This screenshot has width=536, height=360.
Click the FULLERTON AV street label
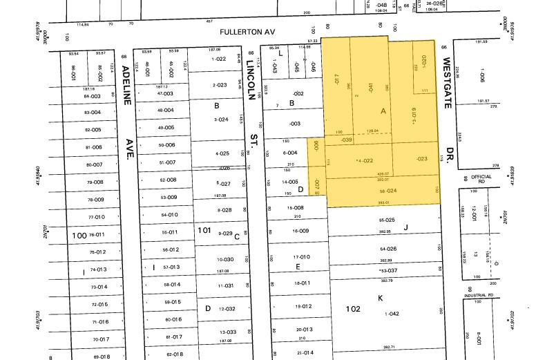[247, 32]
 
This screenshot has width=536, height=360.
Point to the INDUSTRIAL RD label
[479, 295]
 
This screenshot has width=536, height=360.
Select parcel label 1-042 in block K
[392, 314]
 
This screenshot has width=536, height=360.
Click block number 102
[354, 309]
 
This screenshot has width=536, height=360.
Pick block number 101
[204, 229]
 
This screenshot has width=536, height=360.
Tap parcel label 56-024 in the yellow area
[389, 191]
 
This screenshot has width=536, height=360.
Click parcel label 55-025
[388, 220]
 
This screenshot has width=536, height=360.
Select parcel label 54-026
[388, 249]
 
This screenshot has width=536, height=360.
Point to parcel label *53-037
[388, 270]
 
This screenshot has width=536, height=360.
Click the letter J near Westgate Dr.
[406, 227]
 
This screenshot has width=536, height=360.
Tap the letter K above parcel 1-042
[380, 298]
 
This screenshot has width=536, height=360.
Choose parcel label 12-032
[227, 309]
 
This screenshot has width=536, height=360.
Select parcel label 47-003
[165, 93]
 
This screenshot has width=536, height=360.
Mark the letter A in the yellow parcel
[383, 111]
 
